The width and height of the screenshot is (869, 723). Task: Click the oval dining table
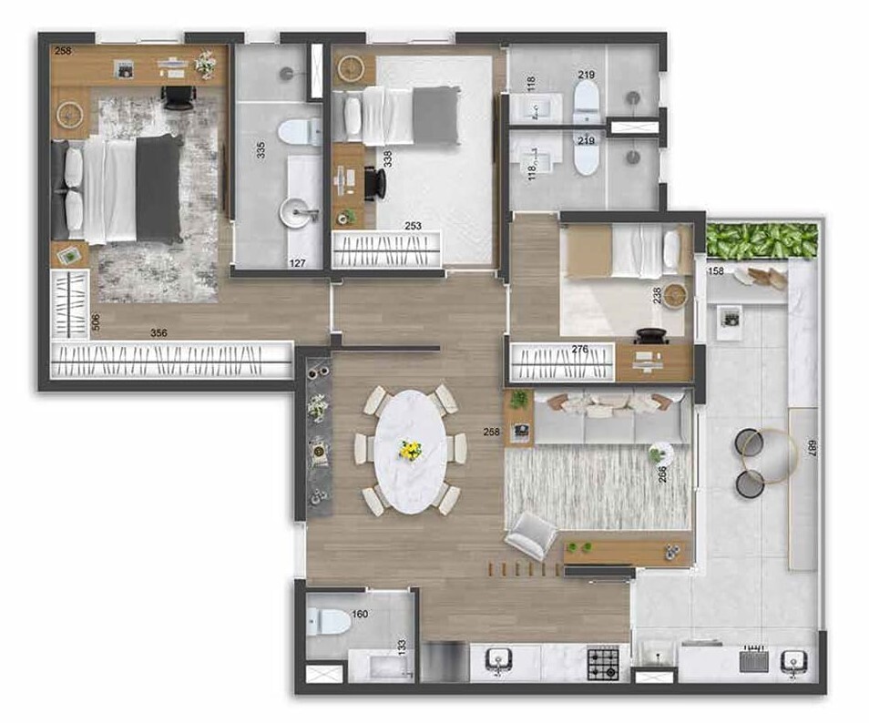pyautogui.click(x=411, y=452)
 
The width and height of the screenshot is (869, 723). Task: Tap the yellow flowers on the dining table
pyautogui.click(x=411, y=450)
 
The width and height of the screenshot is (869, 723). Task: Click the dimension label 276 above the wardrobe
pyautogui.click(x=579, y=348)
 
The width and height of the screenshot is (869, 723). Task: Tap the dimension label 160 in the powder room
pyautogui.click(x=360, y=614)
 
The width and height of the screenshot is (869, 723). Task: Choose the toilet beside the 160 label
pyautogui.click(x=329, y=623)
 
